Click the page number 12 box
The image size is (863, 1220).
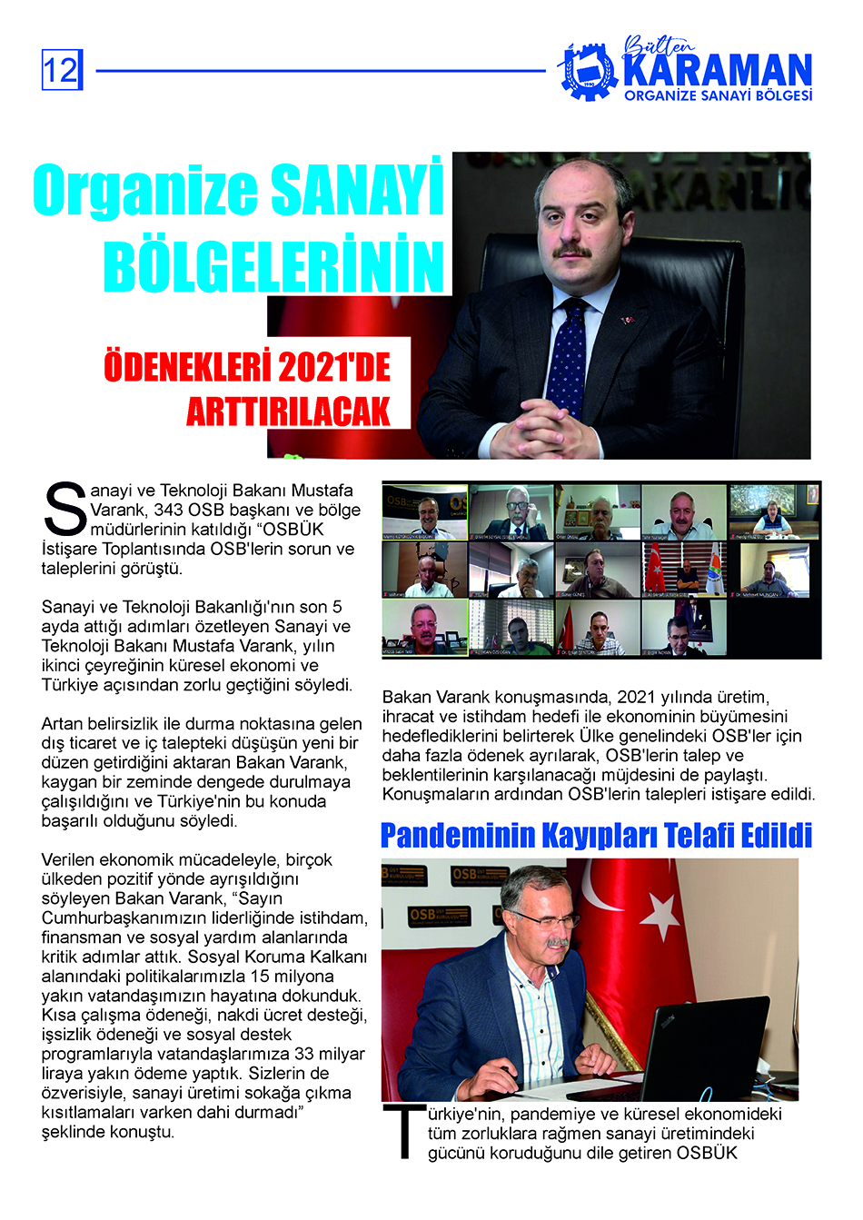pyautogui.click(x=62, y=70)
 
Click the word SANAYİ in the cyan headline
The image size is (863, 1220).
pyautogui.click(x=357, y=190)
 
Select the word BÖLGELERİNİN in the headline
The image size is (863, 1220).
pyautogui.click(x=273, y=266)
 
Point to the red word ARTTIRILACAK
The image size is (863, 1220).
pyautogui.click(x=288, y=412)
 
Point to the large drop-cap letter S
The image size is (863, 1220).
pyautogui.click(x=64, y=509)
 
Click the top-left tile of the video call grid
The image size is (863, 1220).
pyautogui.click(x=424, y=511)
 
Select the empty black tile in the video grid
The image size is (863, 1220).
pyautogui.click(x=775, y=628)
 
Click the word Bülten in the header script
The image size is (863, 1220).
pyautogui.click(x=658, y=45)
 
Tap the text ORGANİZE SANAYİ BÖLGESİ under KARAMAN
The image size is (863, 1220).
pyautogui.click(x=718, y=95)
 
